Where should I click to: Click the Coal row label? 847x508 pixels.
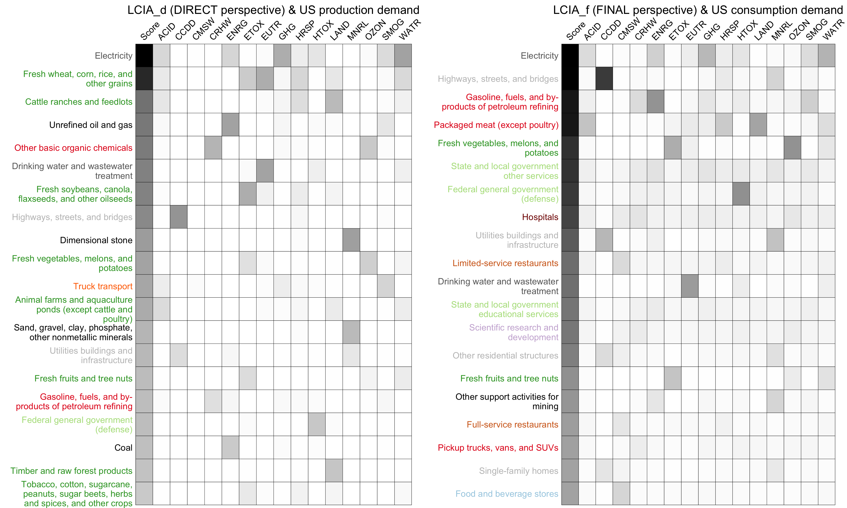[123, 448]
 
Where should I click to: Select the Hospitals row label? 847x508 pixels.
[540, 217]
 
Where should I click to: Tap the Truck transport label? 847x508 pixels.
[103, 286]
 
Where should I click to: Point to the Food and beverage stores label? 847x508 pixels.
[507, 494]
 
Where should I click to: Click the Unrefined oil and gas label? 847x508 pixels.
[91, 125]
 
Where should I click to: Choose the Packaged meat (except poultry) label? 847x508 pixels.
[496, 125]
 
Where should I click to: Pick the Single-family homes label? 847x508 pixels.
[518, 471]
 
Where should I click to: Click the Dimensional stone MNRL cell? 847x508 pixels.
[351, 240]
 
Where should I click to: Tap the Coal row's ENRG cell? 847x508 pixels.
[230, 447]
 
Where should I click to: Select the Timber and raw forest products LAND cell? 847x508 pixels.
[334, 470]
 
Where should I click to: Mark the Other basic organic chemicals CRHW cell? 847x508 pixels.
[213, 148]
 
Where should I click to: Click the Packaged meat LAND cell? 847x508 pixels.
[758, 125]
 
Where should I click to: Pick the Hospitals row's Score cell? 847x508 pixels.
[570, 217]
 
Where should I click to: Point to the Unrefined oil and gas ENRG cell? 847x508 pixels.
[230, 125]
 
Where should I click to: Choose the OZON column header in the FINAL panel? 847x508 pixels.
[799, 30]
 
